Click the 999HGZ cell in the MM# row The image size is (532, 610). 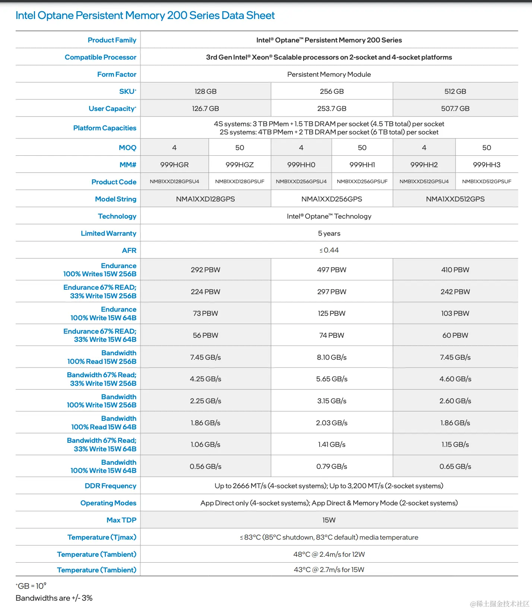240,165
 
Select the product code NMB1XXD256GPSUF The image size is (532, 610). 362,181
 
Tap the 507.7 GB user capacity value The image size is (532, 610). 455,108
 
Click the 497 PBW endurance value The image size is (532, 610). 332,270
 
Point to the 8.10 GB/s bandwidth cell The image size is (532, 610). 332,357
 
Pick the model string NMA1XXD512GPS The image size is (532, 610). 455,199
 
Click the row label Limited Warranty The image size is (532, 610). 108,233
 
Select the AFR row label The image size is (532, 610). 129,250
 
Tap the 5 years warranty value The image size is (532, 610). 329,233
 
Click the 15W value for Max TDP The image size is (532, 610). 329,520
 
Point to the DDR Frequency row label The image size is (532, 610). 110,486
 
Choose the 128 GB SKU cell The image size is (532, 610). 205,91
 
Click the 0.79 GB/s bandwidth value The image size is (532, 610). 332,466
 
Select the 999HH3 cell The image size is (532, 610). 486,165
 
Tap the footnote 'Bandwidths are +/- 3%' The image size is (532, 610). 54,598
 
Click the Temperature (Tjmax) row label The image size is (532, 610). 102,537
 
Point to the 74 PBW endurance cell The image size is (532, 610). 332,335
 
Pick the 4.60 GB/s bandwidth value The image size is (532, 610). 455,379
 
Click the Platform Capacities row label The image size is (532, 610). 105,128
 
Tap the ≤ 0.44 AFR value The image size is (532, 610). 329,250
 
